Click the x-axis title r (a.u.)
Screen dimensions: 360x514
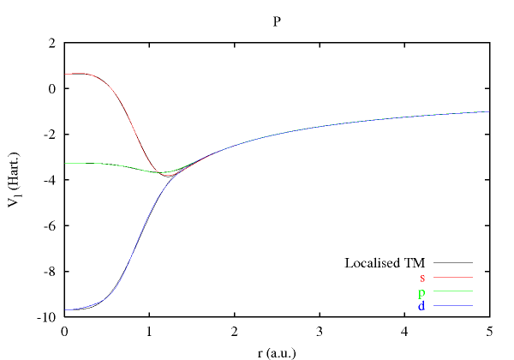277,351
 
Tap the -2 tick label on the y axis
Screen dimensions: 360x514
50,135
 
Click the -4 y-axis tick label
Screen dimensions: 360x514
50,180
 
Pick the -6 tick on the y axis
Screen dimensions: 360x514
50,226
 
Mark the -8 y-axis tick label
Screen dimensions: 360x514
50,272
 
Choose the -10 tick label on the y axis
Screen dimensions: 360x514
47,317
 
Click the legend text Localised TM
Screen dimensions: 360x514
385,262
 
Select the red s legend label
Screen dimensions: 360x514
422,277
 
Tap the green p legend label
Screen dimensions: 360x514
421,291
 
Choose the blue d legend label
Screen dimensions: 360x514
421,305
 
